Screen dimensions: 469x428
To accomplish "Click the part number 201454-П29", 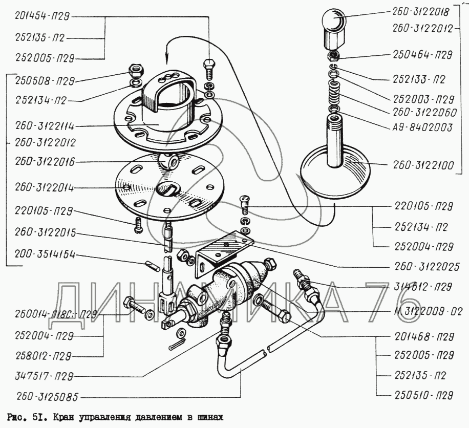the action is click(42, 16).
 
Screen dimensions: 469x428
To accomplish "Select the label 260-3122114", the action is click(45, 126).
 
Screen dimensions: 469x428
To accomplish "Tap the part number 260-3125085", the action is click(47, 397).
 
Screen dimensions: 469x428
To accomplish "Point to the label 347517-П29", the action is click(44, 376).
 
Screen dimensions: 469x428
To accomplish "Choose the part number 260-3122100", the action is click(423, 165).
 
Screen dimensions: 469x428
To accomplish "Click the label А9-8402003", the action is click(422, 127).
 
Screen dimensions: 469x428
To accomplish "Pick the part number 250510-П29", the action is click(424, 396).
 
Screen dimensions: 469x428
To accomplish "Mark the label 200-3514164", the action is click(45, 254).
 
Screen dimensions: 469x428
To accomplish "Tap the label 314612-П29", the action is click(423, 287).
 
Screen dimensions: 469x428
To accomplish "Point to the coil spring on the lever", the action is click(334, 92).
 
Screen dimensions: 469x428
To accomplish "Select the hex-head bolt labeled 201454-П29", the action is click(208, 70).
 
